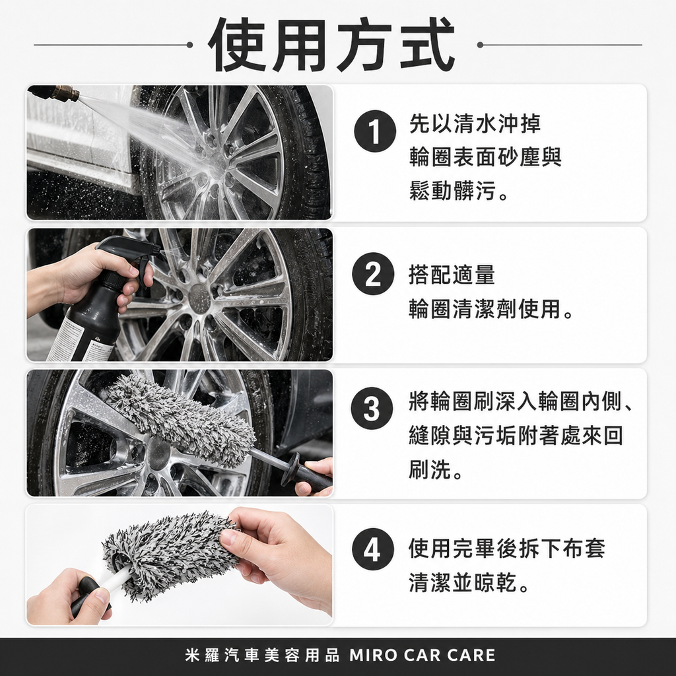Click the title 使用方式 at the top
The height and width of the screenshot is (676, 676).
[332, 45]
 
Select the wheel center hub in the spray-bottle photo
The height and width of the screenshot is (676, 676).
[199, 298]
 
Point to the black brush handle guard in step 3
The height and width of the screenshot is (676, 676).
[290, 469]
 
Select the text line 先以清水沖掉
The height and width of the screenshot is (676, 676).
[474, 123]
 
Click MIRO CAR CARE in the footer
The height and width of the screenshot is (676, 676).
[422, 656]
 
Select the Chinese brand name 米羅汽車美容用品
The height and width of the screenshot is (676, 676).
[263, 656]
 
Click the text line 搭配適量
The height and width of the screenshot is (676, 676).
[451, 275]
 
